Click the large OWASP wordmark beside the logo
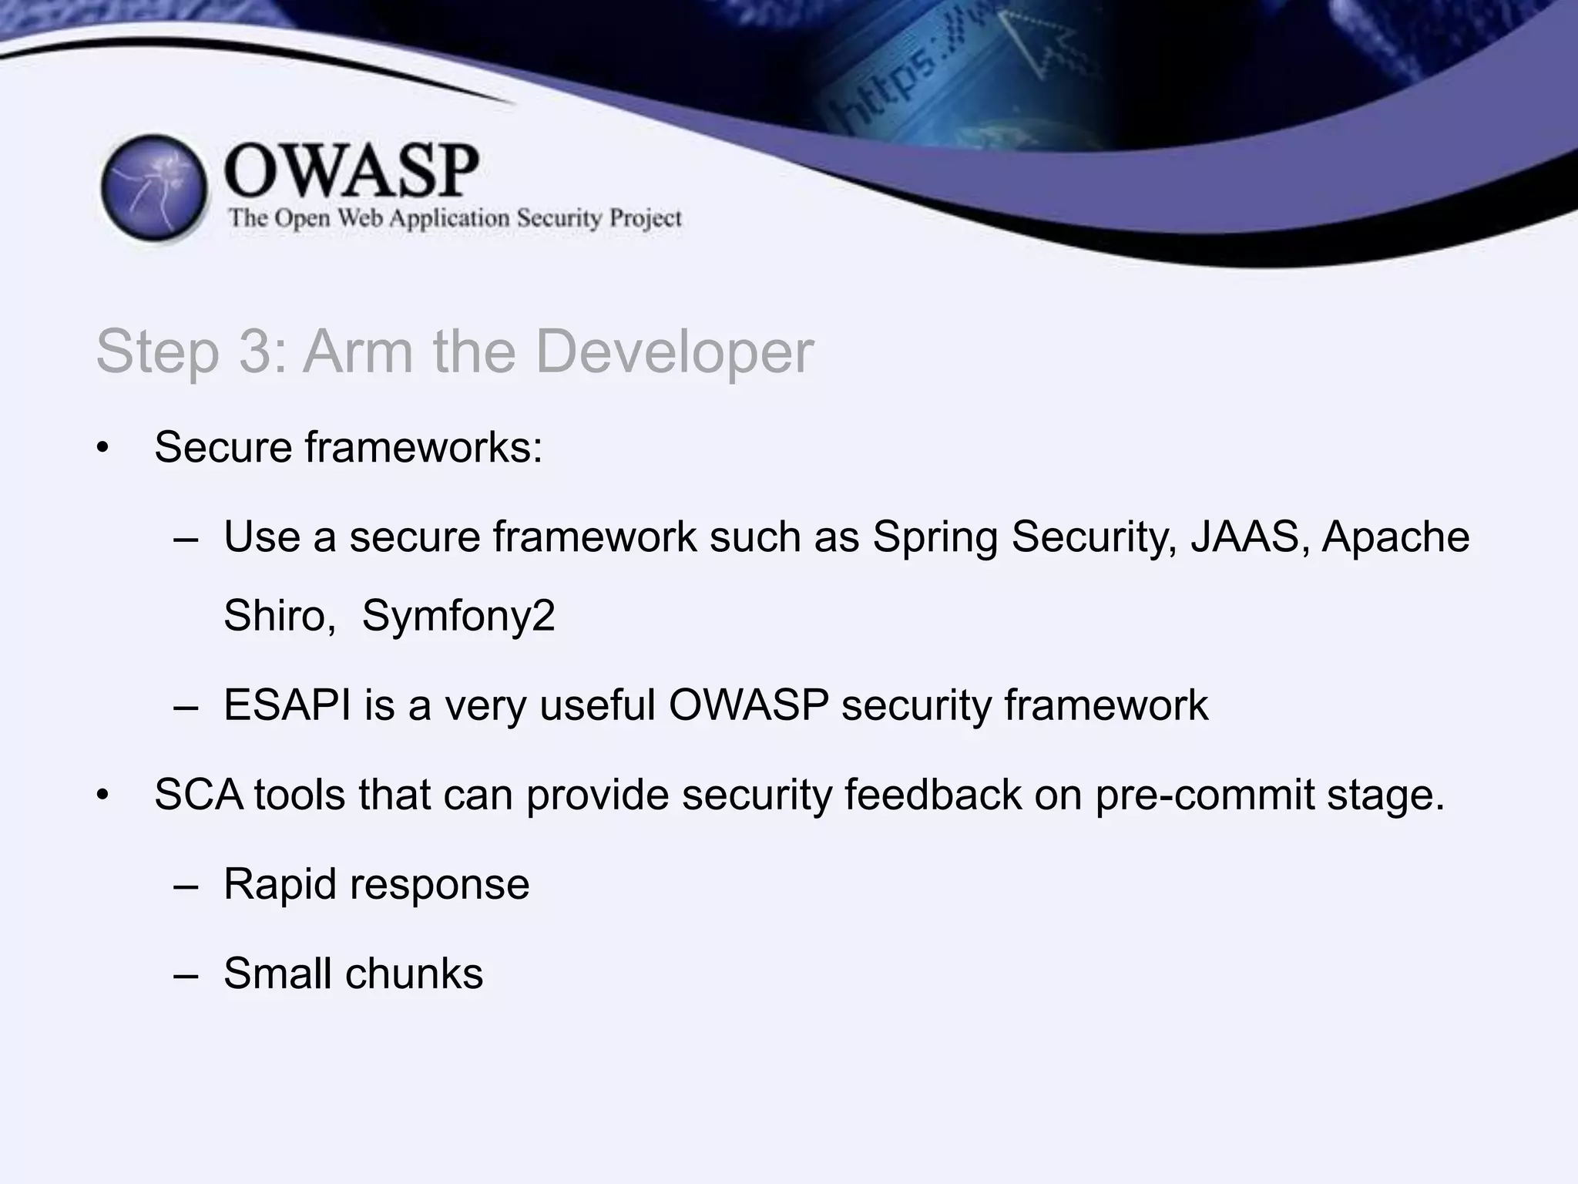coord(351,171)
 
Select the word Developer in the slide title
coord(674,351)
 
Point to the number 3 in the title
coord(255,351)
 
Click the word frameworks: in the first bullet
coord(424,447)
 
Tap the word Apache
coord(1395,536)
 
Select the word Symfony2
coord(458,616)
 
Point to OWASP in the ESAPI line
coord(748,705)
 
